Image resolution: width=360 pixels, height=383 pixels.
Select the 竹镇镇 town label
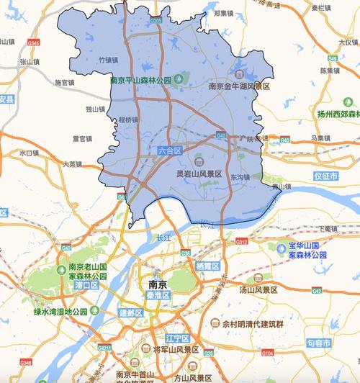click(109, 60)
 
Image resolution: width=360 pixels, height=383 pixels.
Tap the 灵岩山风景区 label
click(199, 174)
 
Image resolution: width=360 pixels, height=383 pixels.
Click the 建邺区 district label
click(131, 313)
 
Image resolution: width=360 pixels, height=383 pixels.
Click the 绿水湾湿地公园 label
click(60, 312)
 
